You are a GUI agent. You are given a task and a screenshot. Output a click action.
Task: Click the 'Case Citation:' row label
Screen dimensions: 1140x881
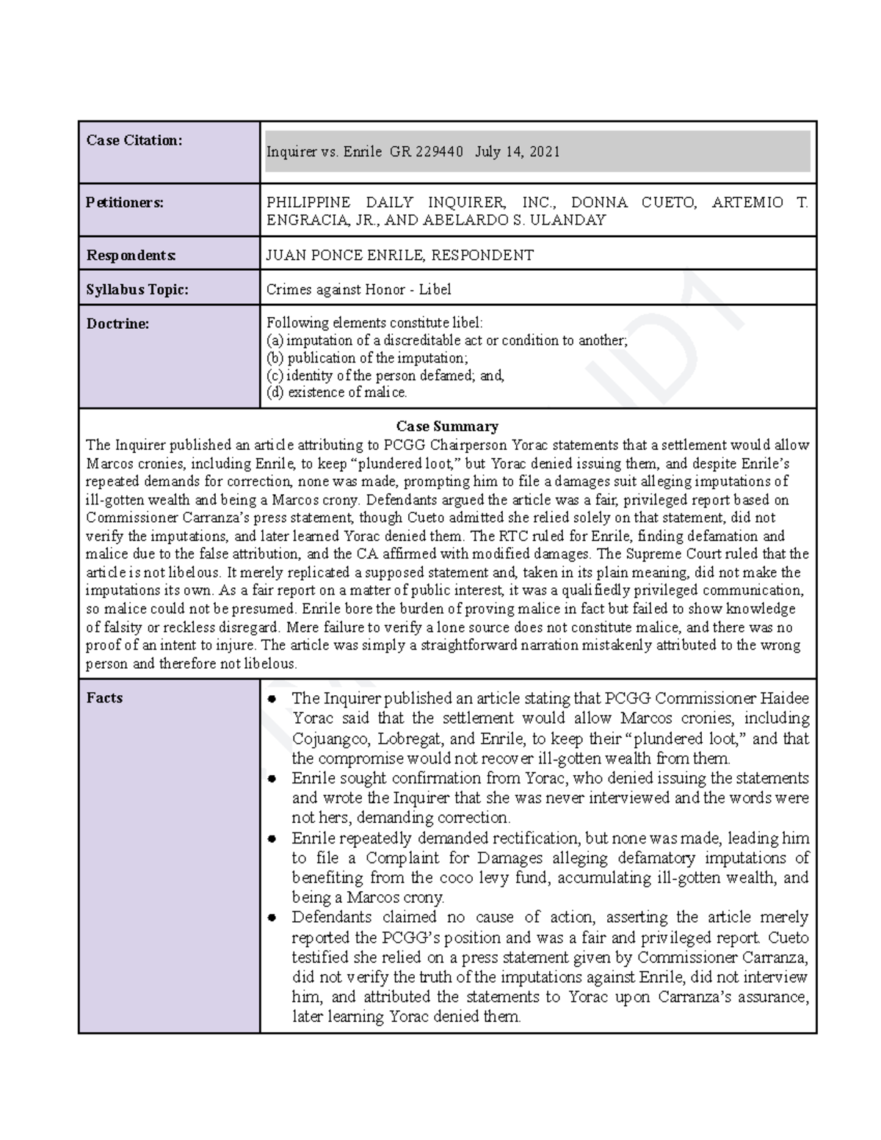(x=134, y=140)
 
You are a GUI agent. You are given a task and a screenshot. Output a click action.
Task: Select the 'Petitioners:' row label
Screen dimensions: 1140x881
(x=125, y=203)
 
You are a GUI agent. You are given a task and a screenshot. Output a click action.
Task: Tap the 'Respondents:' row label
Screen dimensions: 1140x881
(x=131, y=255)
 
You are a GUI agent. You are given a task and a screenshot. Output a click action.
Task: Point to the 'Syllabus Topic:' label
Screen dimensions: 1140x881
(x=137, y=289)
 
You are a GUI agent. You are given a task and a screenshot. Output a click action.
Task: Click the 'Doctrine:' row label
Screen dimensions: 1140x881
(x=117, y=323)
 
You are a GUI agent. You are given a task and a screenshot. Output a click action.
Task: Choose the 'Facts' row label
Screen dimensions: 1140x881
(x=104, y=697)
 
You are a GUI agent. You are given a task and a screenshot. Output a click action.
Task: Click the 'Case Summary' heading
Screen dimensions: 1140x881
(x=447, y=426)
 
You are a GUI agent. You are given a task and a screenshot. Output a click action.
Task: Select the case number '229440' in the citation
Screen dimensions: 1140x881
(x=439, y=152)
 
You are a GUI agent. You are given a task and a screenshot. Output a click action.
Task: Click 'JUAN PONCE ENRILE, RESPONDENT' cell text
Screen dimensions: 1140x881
(x=400, y=255)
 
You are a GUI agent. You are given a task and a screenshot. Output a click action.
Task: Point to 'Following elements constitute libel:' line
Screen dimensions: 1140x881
(x=374, y=323)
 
